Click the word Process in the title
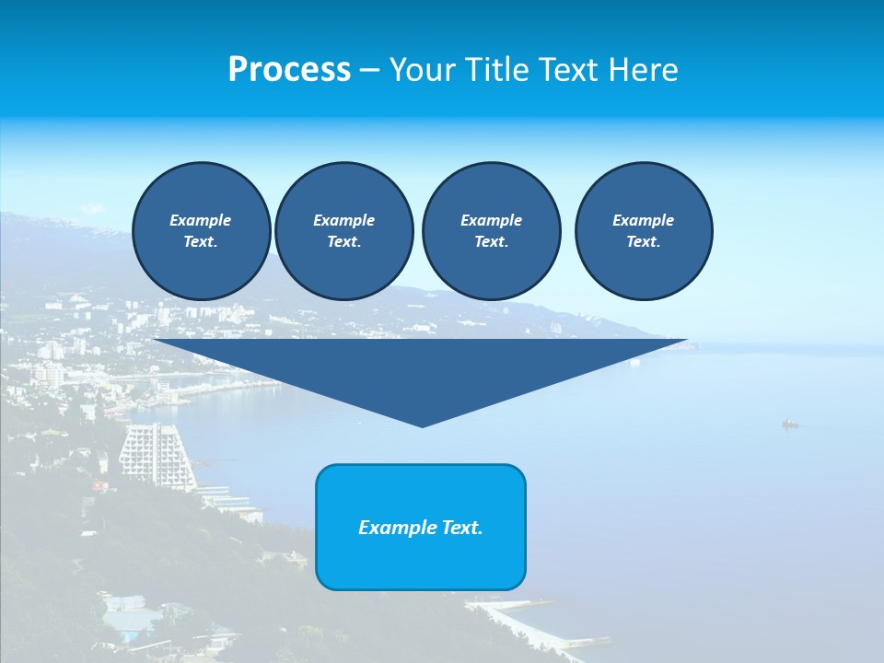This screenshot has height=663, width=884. point(289,70)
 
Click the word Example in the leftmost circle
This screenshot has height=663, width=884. point(201,220)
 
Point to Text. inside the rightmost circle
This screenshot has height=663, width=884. point(643,242)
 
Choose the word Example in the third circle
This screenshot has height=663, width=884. point(491,220)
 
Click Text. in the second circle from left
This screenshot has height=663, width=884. point(343,242)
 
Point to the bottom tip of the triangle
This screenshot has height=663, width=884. point(422,425)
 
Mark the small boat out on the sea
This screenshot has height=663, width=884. point(789,424)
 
